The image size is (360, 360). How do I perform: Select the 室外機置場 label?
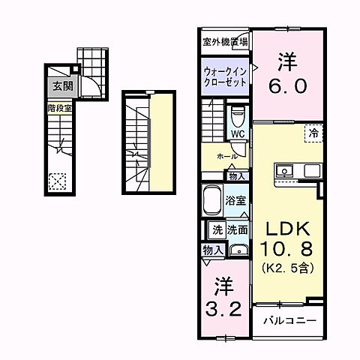[225, 42]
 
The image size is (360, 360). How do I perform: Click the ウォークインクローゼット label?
[224, 76]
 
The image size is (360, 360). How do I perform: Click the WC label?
[237, 134]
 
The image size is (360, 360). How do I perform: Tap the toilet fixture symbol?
[238, 116]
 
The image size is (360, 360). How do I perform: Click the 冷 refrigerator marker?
[313, 133]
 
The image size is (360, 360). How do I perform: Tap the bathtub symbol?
[212, 201]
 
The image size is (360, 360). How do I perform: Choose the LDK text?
[285, 229]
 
